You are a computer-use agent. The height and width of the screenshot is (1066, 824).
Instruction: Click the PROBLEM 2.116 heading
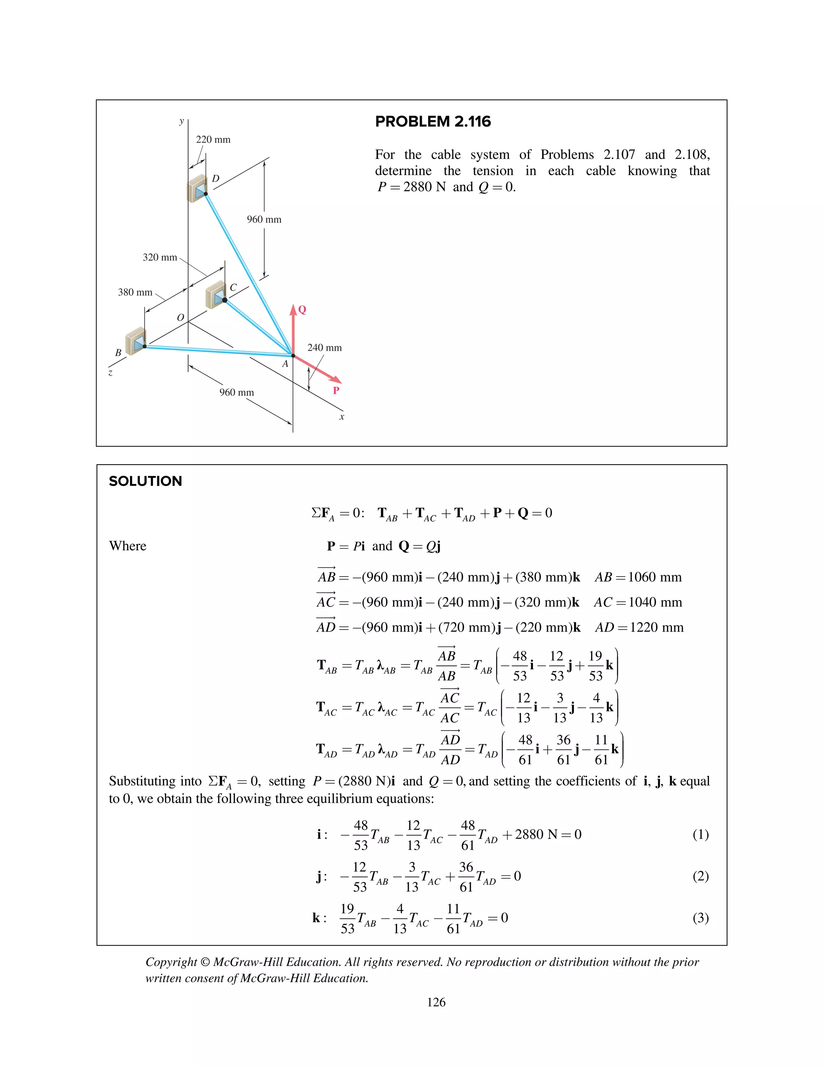(x=433, y=121)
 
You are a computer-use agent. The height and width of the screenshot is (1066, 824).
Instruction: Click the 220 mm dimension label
(x=213, y=140)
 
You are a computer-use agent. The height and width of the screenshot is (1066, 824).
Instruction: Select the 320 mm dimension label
(x=160, y=257)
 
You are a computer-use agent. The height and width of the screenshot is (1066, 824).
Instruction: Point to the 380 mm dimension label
(x=135, y=292)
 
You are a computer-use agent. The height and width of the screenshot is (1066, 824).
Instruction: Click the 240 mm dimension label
(x=324, y=348)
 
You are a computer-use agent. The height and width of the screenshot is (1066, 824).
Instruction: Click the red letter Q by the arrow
(x=302, y=309)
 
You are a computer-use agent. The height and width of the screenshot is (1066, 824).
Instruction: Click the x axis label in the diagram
(x=342, y=417)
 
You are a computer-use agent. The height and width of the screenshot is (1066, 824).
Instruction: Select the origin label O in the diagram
(x=180, y=318)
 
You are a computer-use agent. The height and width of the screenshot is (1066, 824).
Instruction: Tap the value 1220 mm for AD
(x=656, y=628)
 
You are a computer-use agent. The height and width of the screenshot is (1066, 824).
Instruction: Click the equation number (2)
(x=700, y=876)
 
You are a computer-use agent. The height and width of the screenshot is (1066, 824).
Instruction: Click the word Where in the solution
(x=128, y=546)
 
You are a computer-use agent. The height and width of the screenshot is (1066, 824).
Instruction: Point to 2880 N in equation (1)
(x=536, y=835)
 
